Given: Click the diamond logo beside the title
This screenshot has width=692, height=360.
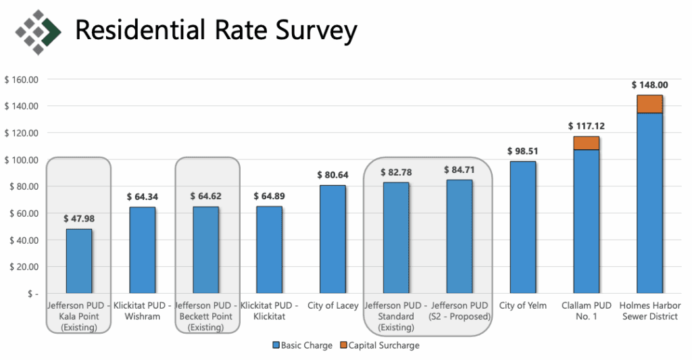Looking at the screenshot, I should coord(38,30).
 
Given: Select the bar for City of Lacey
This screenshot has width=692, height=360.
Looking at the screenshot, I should coord(332,239).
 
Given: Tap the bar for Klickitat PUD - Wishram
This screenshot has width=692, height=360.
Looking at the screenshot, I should coord(142,250).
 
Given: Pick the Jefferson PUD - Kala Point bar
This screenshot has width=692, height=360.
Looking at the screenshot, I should coord(78,261).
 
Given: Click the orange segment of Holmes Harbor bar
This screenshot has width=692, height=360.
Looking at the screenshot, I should coord(649,104).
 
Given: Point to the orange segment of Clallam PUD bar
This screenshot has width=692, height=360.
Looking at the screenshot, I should coord(586,143).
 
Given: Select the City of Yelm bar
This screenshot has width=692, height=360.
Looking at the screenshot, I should coord(522,227).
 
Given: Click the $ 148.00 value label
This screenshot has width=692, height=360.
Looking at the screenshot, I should coord(649,85).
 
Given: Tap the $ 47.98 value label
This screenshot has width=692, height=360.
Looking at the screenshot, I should coord(78,219).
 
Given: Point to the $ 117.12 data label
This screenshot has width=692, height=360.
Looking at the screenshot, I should coord(586,126).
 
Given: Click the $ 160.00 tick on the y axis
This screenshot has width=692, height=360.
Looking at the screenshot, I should coord(22,80).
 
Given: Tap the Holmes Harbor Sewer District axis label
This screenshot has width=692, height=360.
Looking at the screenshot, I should coord(649,311).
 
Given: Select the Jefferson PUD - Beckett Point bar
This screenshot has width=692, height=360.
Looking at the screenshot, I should coord(205,250).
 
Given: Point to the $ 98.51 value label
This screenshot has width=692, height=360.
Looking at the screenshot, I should coord(522,151).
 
